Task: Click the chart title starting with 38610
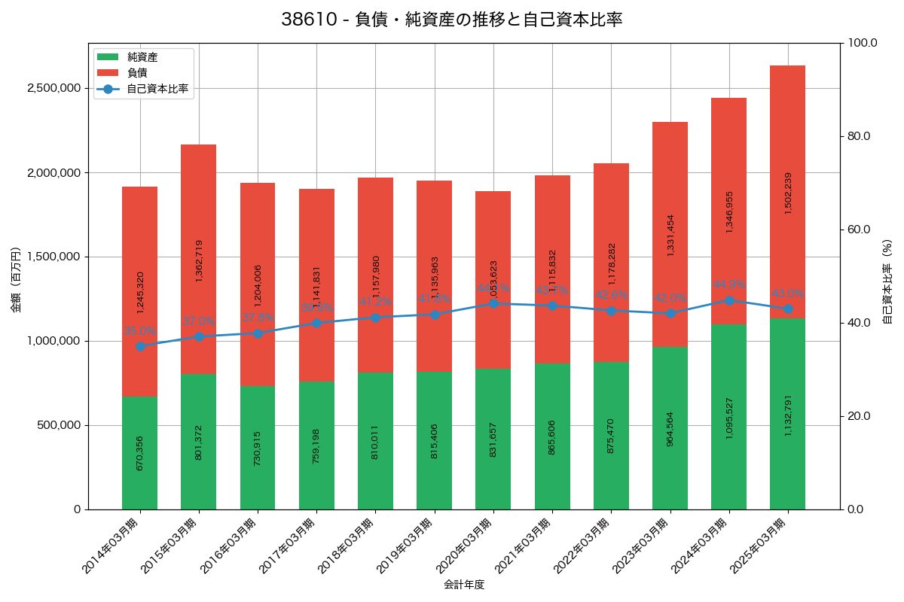pyautogui.click(x=452, y=20)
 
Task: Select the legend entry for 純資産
pyautogui.click(x=142, y=56)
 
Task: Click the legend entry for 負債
pyautogui.click(x=136, y=73)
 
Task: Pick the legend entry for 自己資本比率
pyautogui.click(x=157, y=89)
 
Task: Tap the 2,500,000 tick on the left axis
pyautogui.click(x=53, y=88)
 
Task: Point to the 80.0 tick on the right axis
pyautogui.click(x=858, y=136)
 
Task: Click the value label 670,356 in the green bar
pyautogui.click(x=140, y=452)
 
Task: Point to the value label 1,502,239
pyautogui.click(x=788, y=193)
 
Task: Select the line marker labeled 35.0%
pyautogui.click(x=140, y=346)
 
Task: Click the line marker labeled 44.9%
pyautogui.click(x=728, y=300)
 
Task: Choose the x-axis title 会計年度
pyautogui.click(x=463, y=584)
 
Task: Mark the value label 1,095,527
pyautogui.click(x=728, y=418)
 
